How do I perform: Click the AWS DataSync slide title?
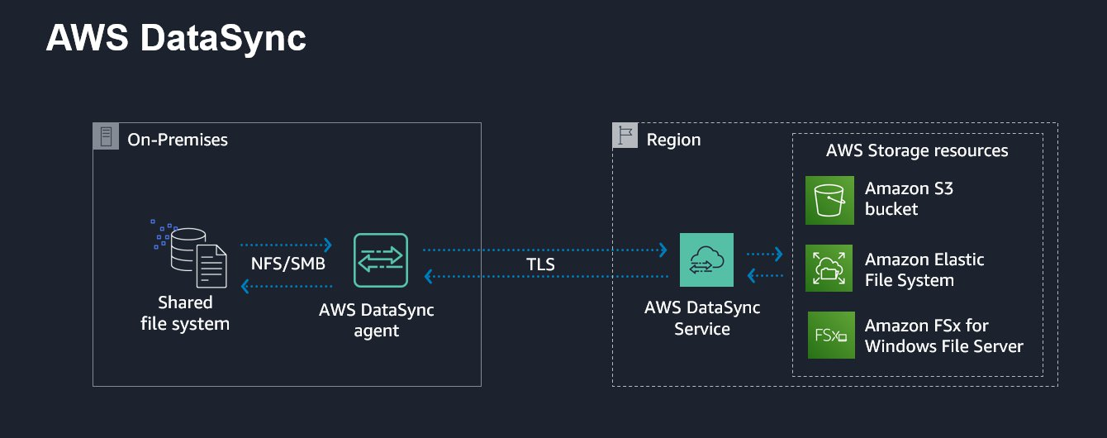coord(176,38)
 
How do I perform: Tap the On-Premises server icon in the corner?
coord(106,136)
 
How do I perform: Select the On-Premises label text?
coord(178,140)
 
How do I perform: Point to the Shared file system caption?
coord(185,313)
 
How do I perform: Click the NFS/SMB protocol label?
coord(287,264)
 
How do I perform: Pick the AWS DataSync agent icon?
coord(380,260)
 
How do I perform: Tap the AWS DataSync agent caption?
coord(377,321)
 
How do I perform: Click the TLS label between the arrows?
coord(540,265)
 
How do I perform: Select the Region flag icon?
coord(625,136)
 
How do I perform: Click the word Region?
coord(673,140)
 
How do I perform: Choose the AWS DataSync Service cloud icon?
coord(706,259)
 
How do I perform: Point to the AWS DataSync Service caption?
coord(702,318)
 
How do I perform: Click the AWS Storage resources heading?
coord(917,150)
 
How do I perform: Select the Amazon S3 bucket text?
coord(909,199)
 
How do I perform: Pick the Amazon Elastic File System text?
coord(924,270)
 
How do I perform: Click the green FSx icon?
coord(830,336)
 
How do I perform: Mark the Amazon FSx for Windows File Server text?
coord(943,336)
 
